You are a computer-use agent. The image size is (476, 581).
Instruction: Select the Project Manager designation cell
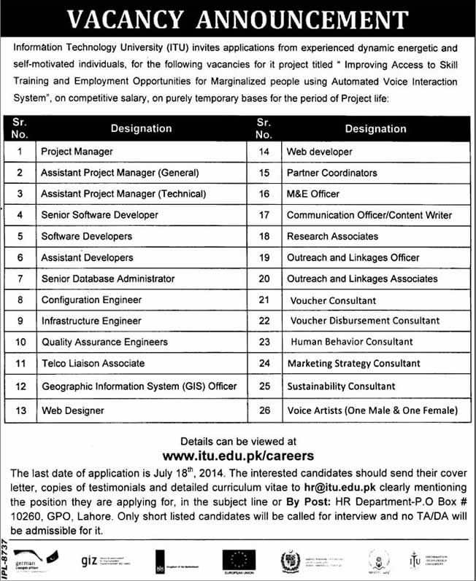[x=77, y=152]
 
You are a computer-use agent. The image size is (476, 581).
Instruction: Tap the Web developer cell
[x=319, y=152]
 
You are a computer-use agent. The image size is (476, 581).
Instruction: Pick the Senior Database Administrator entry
[x=107, y=278]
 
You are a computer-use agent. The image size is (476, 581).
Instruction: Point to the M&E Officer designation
[x=312, y=194]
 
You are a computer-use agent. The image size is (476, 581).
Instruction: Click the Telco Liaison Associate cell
[x=93, y=363]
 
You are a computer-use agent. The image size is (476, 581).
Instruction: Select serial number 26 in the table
[x=264, y=411]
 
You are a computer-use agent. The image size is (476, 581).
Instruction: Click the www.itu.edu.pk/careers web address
[x=238, y=456]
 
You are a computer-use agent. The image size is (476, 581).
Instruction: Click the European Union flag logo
[x=239, y=560]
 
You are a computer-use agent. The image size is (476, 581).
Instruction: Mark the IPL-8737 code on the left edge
[x=7, y=558]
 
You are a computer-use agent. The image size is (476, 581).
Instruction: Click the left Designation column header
[x=141, y=128]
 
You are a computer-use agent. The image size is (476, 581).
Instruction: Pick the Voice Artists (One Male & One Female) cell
[x=372, y=411]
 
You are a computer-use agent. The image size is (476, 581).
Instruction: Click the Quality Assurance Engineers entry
[x=104, y=342]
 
